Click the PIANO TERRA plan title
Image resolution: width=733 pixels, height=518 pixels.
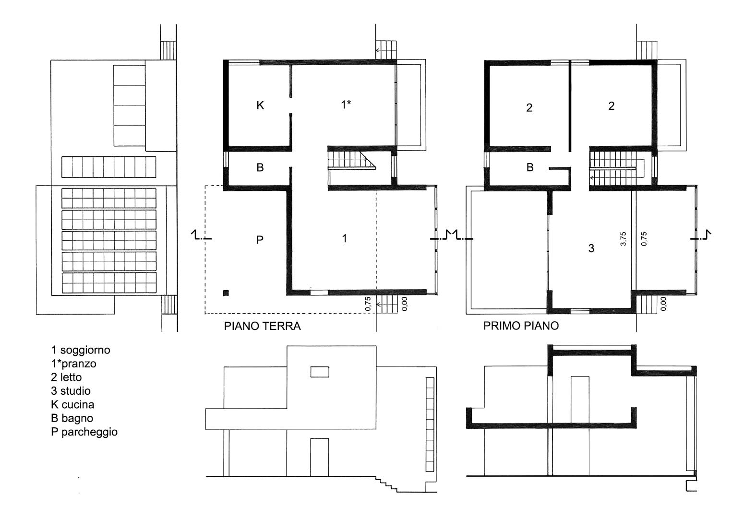click(262, 326)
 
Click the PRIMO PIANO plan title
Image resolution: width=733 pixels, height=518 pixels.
click(521, 326)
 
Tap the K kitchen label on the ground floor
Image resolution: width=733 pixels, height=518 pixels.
click(260, 106)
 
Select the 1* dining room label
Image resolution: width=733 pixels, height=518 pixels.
click(346, 105)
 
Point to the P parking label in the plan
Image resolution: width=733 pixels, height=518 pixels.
click(260, 240)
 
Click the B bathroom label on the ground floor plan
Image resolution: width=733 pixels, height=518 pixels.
click(260, 167)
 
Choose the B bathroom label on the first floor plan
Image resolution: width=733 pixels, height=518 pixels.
click(530, 167)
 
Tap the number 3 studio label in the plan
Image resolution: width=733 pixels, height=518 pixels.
click(591, 248)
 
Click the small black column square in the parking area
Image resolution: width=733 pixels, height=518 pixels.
click(226, 293)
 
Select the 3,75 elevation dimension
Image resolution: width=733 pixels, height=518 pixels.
click(623, 239)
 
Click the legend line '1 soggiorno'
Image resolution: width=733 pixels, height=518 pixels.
click(81, 350)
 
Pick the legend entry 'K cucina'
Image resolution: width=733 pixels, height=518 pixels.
click(72, 404)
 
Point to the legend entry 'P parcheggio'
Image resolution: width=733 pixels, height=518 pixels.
click(84, 432)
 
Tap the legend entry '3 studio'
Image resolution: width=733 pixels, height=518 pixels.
click(71, 391)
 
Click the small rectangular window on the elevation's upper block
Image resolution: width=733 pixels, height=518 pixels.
click(320, 372)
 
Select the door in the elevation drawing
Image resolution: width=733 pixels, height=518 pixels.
click(319, 457)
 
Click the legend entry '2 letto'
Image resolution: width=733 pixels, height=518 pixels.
click(66, 377)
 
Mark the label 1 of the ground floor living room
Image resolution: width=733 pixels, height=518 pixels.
click(344, 238)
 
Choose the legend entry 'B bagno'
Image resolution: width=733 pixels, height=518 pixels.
click(72, 418)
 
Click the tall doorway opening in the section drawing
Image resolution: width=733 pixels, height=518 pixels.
click(580, 400)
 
